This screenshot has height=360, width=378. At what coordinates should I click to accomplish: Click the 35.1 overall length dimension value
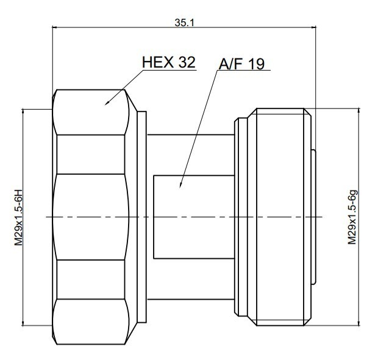(184, 23)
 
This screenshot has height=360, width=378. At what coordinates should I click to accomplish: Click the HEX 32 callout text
(168, 62)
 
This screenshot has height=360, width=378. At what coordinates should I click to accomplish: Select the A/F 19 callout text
(241, 64)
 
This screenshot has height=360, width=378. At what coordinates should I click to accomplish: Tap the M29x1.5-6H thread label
(18, 217)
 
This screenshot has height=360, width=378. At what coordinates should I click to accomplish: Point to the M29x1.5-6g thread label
(352, 217)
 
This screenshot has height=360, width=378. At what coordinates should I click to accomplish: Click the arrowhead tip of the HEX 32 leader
(105, 105)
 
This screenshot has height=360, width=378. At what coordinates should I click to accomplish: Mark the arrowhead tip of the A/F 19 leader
(180, 188)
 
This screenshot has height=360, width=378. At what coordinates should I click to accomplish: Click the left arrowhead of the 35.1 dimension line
(52, 27)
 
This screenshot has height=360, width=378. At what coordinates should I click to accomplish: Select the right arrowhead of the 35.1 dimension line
(316, 27)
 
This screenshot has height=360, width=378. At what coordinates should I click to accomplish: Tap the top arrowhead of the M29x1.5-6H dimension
(23, 109)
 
